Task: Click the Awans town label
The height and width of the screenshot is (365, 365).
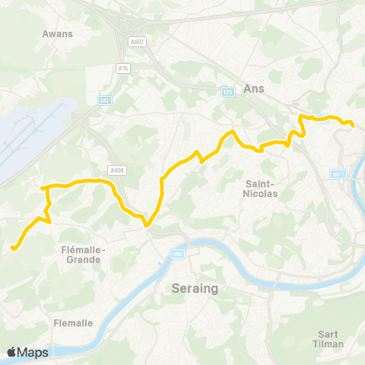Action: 57,33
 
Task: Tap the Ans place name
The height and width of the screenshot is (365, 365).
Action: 253,88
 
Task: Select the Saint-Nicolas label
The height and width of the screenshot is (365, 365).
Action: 261,189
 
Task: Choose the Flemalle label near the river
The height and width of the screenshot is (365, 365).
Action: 73,323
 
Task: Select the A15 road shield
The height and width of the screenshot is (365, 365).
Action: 122,68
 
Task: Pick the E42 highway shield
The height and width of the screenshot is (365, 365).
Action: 105,99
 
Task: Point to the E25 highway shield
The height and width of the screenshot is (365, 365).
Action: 227,92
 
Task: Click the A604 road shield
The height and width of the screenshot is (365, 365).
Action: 116,170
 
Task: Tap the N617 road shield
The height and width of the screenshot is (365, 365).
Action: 339,174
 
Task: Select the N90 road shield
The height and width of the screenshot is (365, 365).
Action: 177,255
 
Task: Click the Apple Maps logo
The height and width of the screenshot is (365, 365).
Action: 27,352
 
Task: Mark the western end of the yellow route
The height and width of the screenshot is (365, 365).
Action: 13,247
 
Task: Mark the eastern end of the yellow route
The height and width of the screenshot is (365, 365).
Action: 354,125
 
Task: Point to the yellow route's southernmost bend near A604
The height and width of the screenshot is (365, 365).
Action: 147,224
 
